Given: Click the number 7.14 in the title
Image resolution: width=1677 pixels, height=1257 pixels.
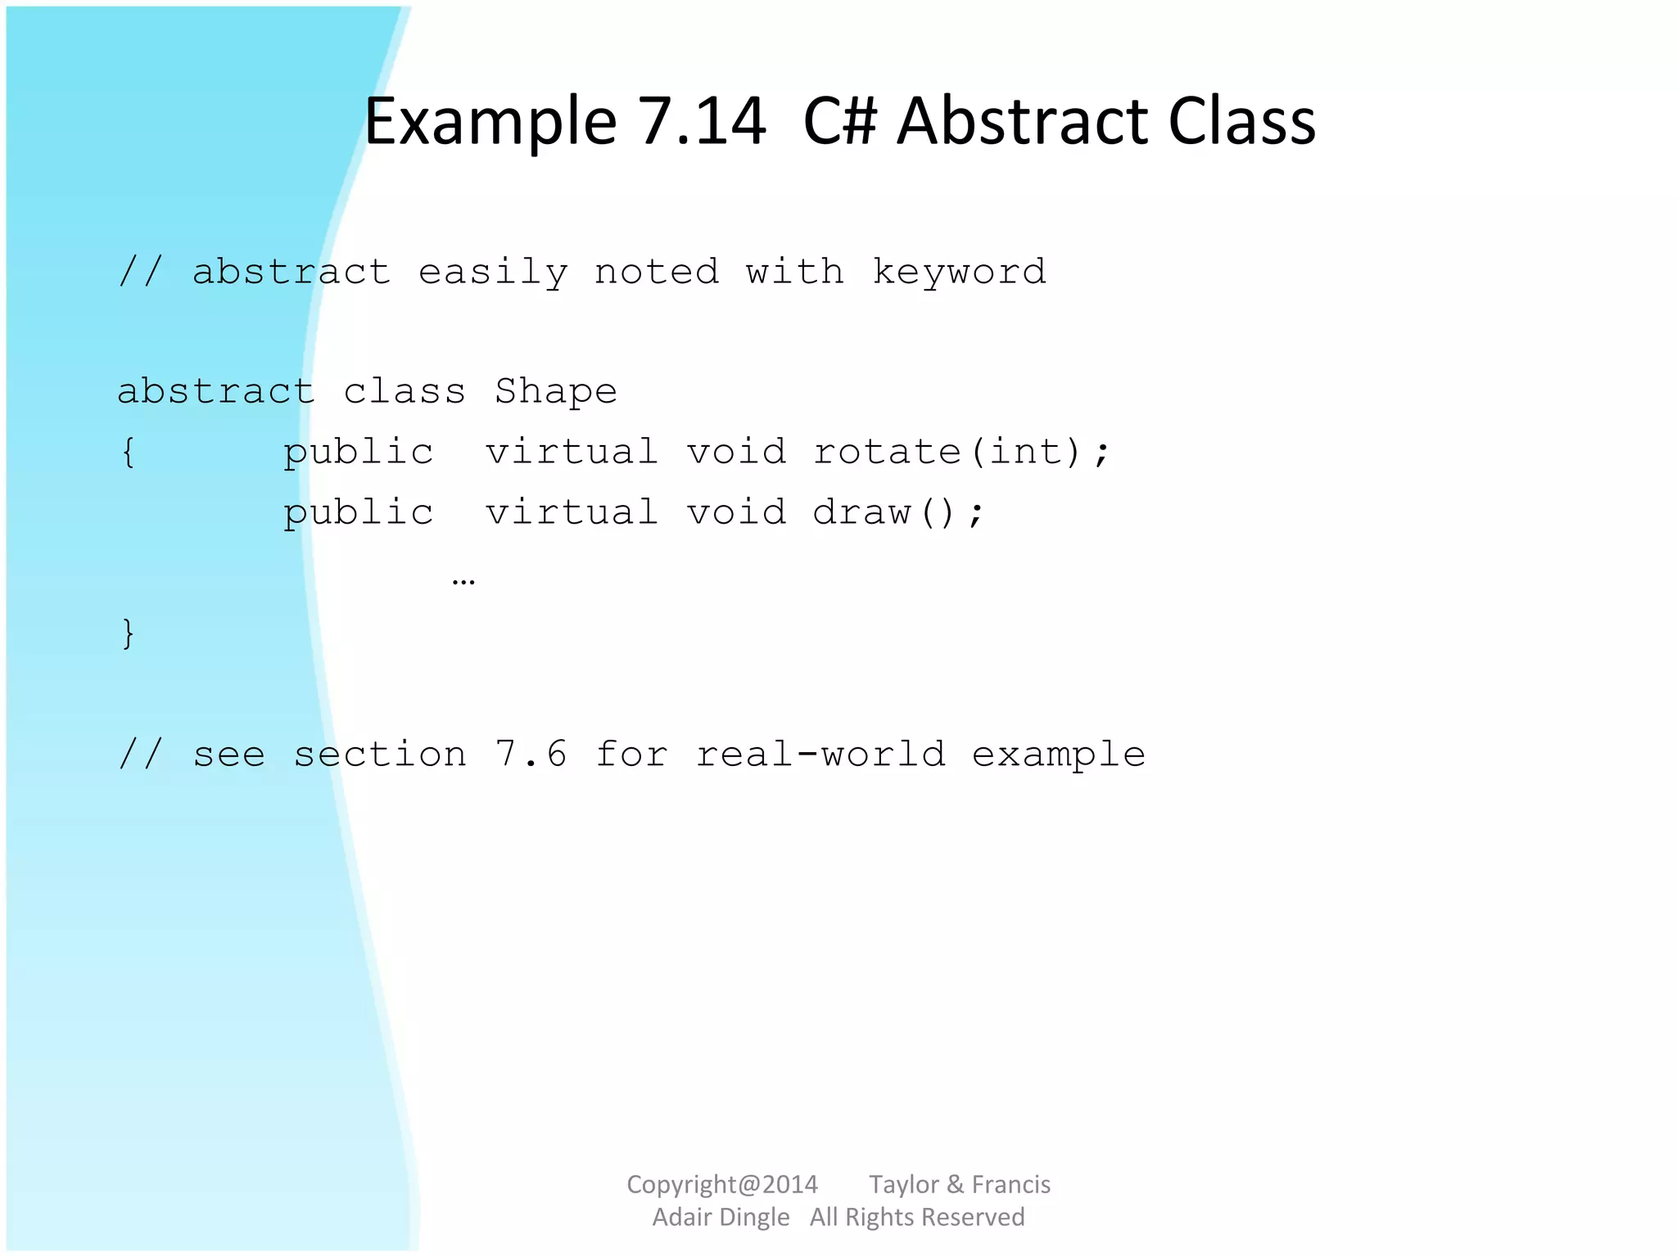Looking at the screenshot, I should [x=702, y=121].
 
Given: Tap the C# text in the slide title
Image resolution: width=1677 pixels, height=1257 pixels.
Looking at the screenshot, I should [x=839, y=121].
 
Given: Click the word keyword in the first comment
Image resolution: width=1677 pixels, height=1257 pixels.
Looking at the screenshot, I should [x=959, y=272].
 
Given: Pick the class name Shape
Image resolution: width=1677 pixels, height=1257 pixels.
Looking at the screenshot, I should [x=555, y=392].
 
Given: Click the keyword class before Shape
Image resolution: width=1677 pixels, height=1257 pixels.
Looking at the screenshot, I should [x=405, y=392].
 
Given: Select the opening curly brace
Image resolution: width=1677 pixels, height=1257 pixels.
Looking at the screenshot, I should [x=128, y=452].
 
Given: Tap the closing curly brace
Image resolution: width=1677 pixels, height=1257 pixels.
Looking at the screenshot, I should [x=128, y=633].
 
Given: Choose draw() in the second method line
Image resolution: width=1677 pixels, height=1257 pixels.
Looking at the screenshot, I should [x=898, y=513].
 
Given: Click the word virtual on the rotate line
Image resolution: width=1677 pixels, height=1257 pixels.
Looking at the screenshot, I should [x=572, y=452].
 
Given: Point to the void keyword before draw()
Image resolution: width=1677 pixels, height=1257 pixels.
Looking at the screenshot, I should [x=736, y=513].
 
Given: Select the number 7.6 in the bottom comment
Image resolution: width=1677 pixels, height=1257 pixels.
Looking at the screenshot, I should [x=531, y=754].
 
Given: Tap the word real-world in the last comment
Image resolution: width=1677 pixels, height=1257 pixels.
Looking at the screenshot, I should [x=820, y=754].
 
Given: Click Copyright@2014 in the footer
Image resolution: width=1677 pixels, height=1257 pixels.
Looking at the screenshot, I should [x=721, y=1184].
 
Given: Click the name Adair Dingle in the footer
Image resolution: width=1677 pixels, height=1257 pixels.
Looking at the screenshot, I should [x=721, y=1217].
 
